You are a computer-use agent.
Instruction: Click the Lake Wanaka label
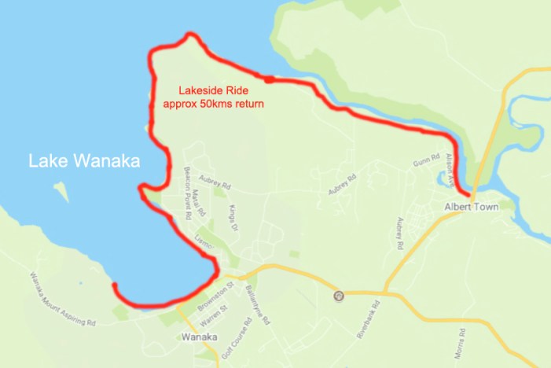coord(84,161)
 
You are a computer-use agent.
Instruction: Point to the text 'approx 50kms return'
coord(212,103)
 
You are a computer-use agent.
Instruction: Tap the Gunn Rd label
coord(424,164)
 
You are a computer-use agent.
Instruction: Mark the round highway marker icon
coord(339,296)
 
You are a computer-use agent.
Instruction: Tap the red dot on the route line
coord(269,79)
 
